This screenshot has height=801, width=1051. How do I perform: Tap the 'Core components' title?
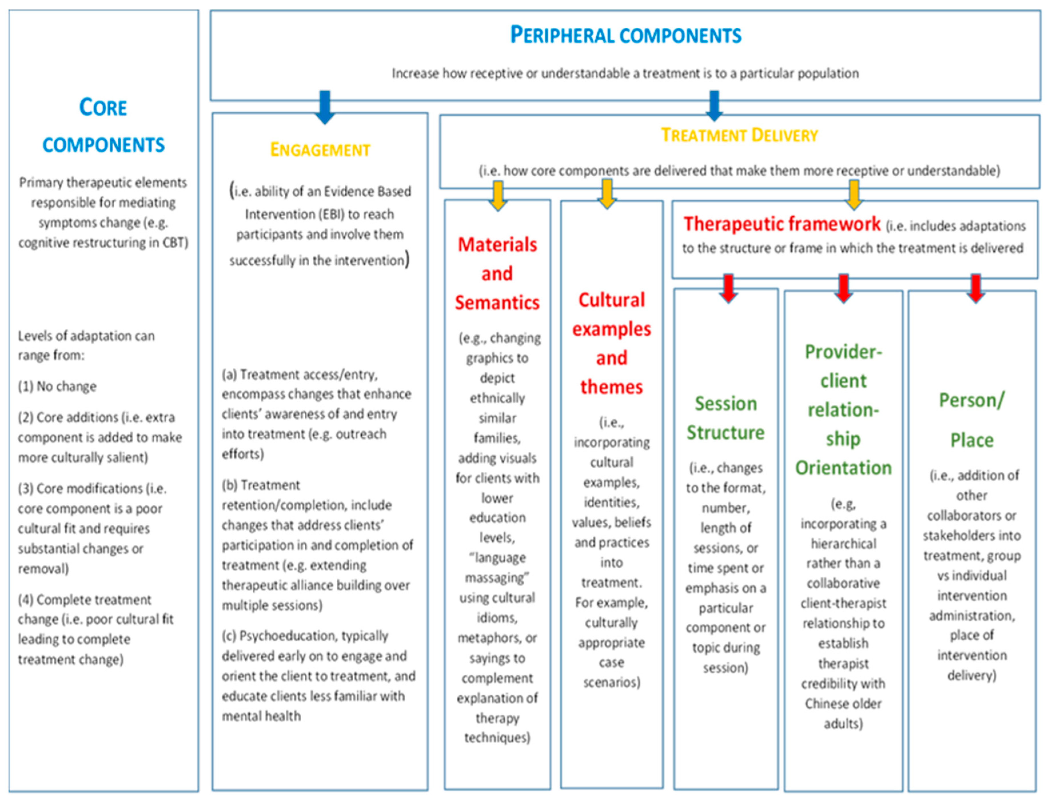pos(103,126)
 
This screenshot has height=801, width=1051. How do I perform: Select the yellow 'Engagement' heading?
pos(320,150)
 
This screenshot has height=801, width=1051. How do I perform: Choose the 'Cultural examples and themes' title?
pos(612,343)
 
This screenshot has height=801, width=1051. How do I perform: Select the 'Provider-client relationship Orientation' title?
pos(843,410)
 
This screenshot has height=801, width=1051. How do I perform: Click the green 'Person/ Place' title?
pos(971,420)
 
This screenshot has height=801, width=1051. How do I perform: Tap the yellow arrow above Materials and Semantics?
pos(498,195)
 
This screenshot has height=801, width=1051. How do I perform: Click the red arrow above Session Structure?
pos(728,287)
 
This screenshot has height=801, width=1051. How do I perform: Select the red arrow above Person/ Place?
pos(976,287)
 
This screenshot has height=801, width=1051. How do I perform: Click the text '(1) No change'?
pos(57,386)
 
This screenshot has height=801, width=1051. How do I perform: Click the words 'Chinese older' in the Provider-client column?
pos(843,704)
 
